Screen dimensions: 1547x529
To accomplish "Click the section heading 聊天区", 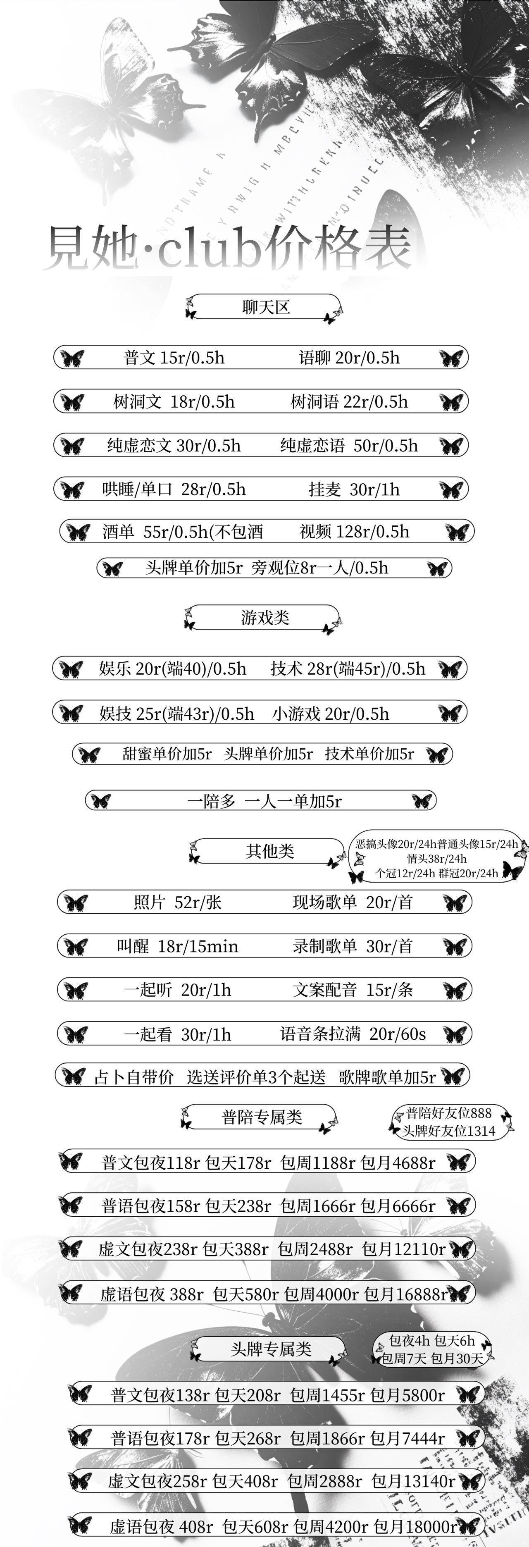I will pyautogui.click(x=266, y=308).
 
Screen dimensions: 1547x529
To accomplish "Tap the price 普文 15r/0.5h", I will pyautogui.click(x=174, y=358).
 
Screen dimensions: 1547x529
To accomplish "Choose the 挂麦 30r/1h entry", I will pyautogui.click(x=354, y=489).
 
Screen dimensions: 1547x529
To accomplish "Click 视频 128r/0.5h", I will pyautogui.click(x=354, y=532).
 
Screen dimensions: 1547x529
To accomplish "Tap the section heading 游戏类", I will pyautogui.click(x=265, y=617).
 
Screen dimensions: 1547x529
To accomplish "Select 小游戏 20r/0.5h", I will pyautogui.click(x=330, y=714).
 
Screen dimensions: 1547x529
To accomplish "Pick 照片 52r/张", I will pyautogui.click(x=177, y=902).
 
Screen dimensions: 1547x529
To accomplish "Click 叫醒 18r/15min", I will pyautogui.click(x=177, y=946).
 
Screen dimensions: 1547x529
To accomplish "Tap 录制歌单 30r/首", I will pyautogui.click(x=353, y=946).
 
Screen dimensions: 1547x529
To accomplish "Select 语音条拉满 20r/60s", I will pyautogui.click(x=353, y=1034).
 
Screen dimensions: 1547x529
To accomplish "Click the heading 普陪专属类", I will pyautogui.click(x=262, y=1117).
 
